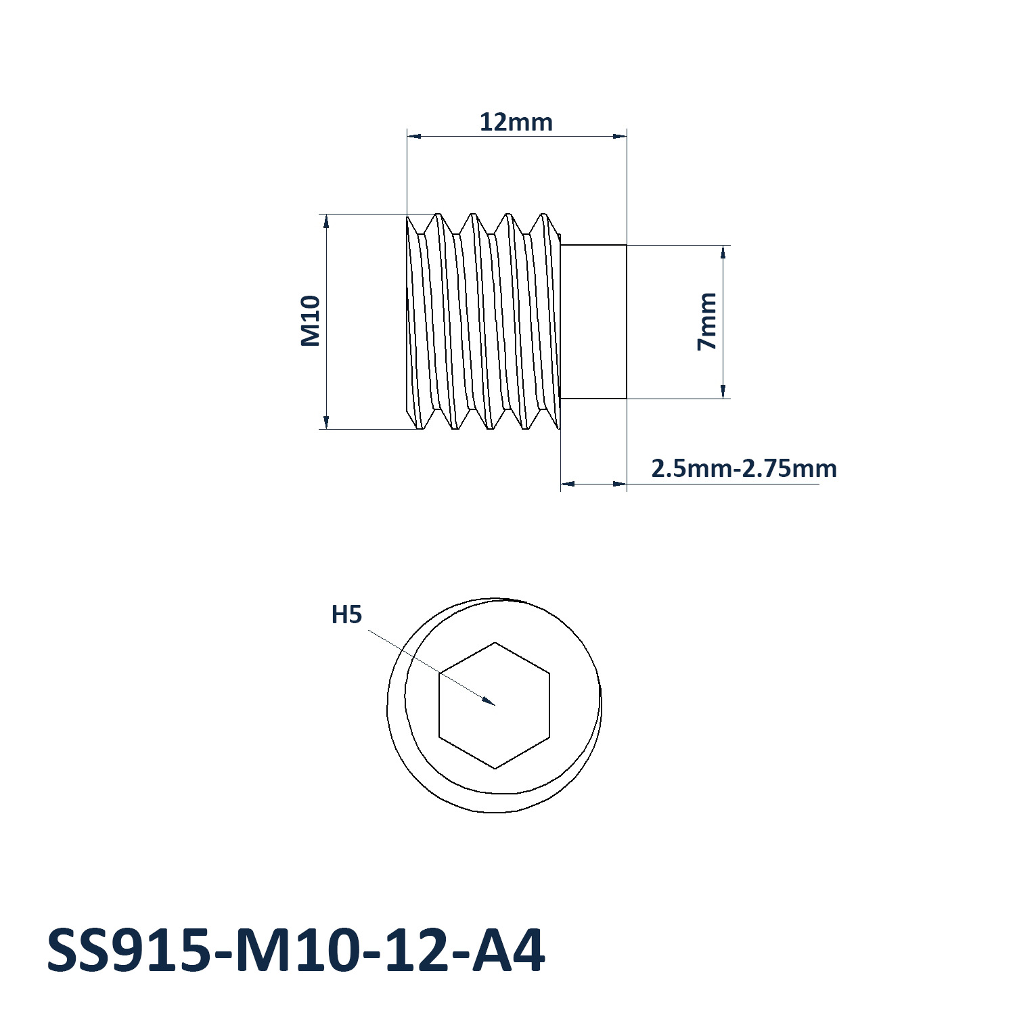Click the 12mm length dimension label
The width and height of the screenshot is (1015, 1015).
[x=516, y=122]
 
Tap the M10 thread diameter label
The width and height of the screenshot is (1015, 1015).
[x=311, y=321]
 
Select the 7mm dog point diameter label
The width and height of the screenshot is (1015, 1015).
[x=707, y=321]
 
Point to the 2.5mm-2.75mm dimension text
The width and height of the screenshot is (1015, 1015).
[x=744, y=468]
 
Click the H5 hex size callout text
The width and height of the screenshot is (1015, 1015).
[x=346, y=615]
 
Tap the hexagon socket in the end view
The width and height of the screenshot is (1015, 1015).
[x=495, y=706]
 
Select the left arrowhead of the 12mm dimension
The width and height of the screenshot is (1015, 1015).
[x=413, y=137]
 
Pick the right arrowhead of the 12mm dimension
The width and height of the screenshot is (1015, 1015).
[x=619, y=137]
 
